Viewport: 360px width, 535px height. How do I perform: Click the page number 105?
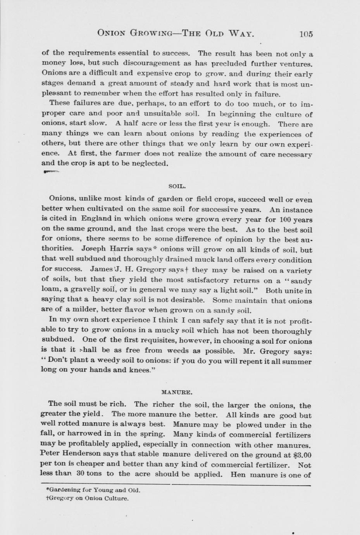click(x=306, y=34)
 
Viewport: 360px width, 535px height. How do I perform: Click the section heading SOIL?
click(x=177, y=186)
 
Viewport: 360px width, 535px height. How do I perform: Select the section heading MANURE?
click(x=177, y=392)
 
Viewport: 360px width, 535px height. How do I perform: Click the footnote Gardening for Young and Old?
click(x=93, y=490)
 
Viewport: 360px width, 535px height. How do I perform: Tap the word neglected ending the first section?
click(x=149, y=164)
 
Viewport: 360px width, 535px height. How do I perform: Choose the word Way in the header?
click(x=240, y=33)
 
